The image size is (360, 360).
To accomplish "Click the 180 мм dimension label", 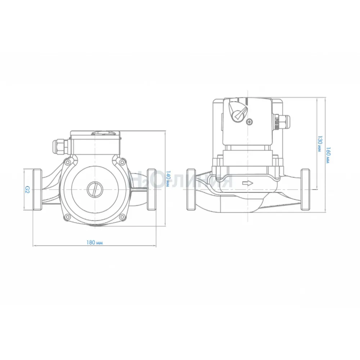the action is [x=94, y=242].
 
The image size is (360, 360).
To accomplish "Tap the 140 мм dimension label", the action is [x=168, y=179].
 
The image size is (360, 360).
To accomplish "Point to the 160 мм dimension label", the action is [x=328, y=156].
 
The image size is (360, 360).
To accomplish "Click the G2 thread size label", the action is [x=28, y=189].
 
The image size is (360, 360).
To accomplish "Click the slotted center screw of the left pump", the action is [x=95, y=189].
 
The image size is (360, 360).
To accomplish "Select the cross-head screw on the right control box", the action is [x=249, y=122].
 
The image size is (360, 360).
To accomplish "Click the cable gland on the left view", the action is [x=60, y=147].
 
